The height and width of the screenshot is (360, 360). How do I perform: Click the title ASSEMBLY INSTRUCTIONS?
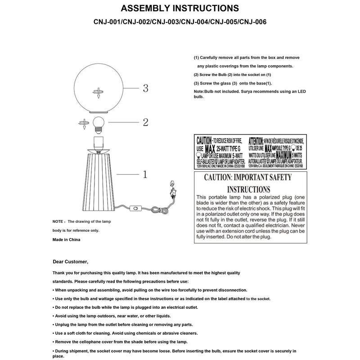[x=180, y=9]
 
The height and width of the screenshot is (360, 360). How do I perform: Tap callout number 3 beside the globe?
[x=145, y=88]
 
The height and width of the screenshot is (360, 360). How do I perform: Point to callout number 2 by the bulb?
[x=145, y=122]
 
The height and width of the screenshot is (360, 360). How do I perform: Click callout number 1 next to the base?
[x=145, y=174]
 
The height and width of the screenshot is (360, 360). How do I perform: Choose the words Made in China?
[x=66, y=239]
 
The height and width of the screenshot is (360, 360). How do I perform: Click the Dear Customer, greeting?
[x=71, y=261]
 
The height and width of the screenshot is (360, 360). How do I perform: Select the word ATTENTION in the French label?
[x=259, y=140]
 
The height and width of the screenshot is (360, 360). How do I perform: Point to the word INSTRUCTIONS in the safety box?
[x=249, y=189]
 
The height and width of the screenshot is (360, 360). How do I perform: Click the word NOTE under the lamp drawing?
[x=58, y=222]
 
